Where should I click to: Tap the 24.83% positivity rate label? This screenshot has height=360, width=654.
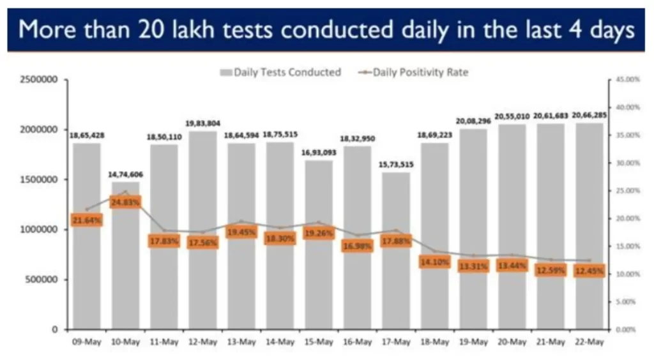(x=126, y=202)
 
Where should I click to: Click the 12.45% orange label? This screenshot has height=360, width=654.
(x=589, y=271)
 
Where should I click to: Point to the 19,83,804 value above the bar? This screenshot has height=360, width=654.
(x=203, y=123)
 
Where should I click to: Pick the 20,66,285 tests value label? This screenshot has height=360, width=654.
(x=589, y=115)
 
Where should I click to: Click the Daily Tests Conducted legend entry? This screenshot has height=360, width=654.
(x=281, y=72)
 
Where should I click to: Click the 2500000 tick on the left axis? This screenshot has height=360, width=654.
(x=39, y=80)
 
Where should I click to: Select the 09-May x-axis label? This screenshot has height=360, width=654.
(x=87, y=342)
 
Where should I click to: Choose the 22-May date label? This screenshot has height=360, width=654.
(x=589, y=342)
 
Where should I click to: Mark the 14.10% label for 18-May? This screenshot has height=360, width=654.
(x=435, y=262)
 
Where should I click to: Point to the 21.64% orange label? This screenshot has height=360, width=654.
(x=87, y=220)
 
